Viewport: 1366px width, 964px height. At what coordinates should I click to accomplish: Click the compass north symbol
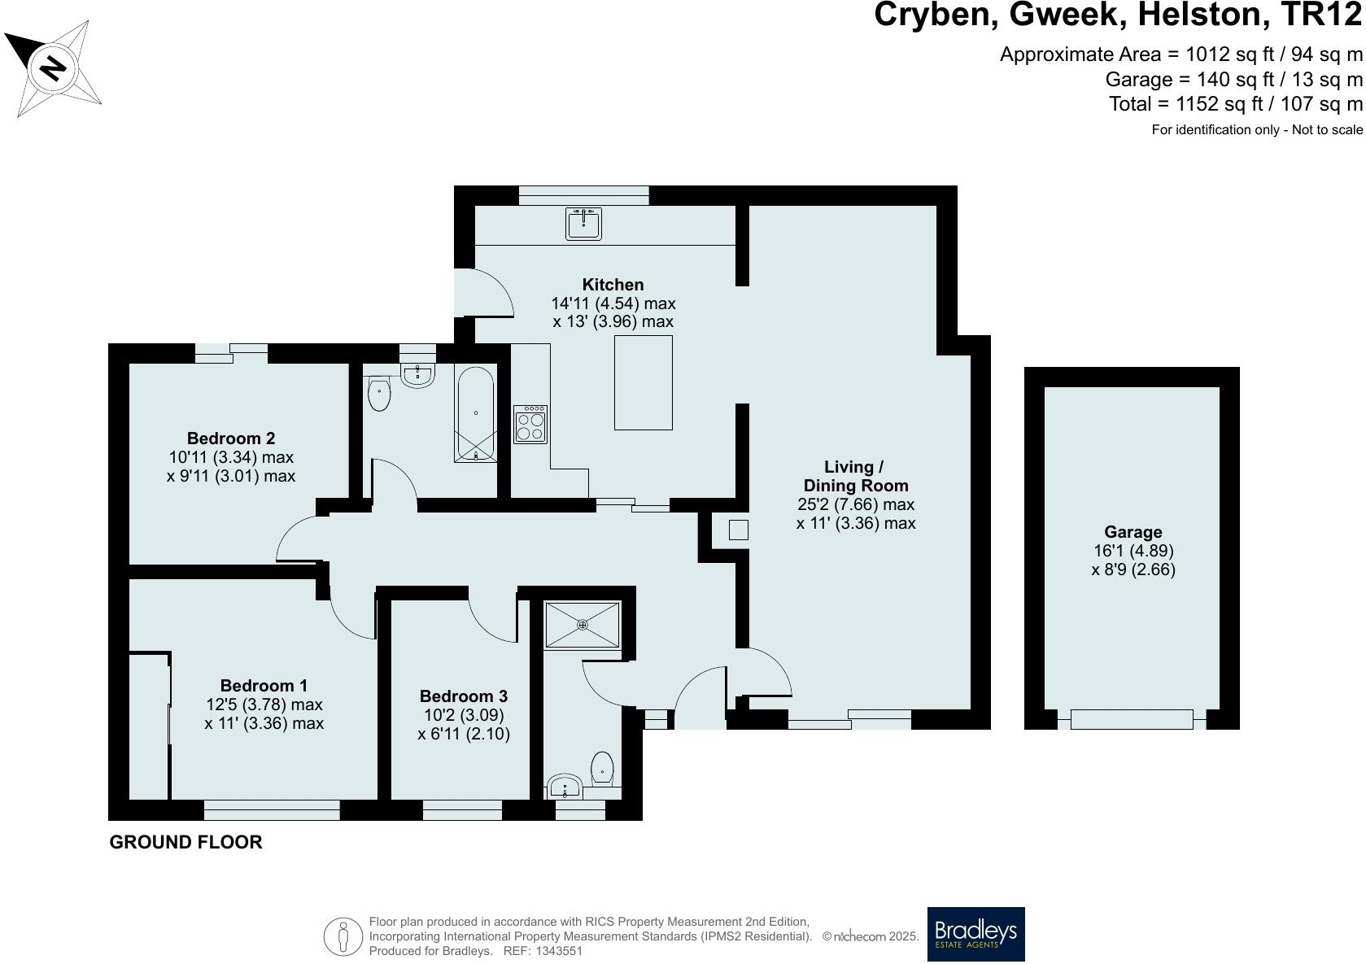[x=53, y=68]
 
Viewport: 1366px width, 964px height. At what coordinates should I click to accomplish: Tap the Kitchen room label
[x=613, y=285]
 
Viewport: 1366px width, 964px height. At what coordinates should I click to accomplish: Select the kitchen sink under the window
[x=583, y=222]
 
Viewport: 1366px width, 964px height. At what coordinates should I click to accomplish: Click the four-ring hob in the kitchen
[x=530, y=424]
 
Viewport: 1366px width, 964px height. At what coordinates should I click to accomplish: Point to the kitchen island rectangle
[x=643, y=382]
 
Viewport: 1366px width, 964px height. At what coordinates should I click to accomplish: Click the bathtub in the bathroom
[x=475, y=415]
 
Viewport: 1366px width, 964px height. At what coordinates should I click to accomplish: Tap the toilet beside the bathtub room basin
[x=379, y=395]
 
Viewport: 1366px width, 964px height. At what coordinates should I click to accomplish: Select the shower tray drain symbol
[x=583, y=625]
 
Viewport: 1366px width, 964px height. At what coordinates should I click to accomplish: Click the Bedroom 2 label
[x=230, y=438]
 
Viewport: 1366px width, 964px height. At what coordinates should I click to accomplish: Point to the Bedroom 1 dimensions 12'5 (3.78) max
[x=264, y=704]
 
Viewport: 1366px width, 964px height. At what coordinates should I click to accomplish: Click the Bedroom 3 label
[x=463, y=696]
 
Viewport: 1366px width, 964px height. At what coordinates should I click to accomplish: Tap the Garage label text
[x=1133, y=532]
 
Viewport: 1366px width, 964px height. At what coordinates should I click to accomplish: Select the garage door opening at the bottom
[x=1131, y=719]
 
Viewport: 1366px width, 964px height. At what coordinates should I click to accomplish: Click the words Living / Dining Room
[x=854, y=476]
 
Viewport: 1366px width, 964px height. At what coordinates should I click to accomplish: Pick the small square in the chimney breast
[x=738, y=530]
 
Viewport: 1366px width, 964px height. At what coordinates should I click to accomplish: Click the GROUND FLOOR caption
[x=185, y=843]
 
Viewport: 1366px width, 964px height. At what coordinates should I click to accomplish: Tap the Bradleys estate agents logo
[x=975, y=934]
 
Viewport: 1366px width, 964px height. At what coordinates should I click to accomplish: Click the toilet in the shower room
[x=601, y=766]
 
